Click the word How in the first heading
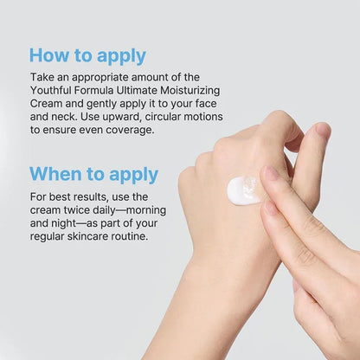click(x=49, y=55)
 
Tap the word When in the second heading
click(x=55, y=174)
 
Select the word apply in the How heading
click(x=121, y=57)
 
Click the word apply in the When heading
click(x=134, y=176)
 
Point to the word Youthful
click(x=51, y=90)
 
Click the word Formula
click(x=93, y=90)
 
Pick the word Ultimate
click(x=137, y=90)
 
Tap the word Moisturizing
click(x=190, y=91)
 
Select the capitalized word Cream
click(x=46, y=104)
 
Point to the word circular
click(x=164, y=117)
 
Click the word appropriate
click(x=100, y=78)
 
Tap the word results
click(x=91, y=197)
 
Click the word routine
click(x=132, y=236)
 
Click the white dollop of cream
click(x=243, y=190)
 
